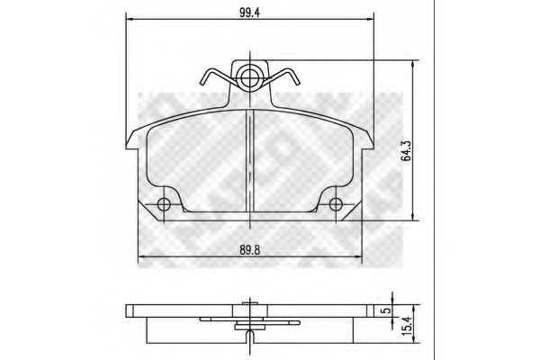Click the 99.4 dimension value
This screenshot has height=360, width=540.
pos(245,12)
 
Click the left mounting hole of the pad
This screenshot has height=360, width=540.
pos(164,205)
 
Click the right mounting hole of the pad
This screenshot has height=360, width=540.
pos(336,205)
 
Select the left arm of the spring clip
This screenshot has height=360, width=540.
pos(213,79)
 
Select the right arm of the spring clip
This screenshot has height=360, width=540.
pos(286,79)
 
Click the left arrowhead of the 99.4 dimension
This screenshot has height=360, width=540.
pos(128,22)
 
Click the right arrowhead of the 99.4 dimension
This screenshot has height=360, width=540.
pos(371,22)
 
